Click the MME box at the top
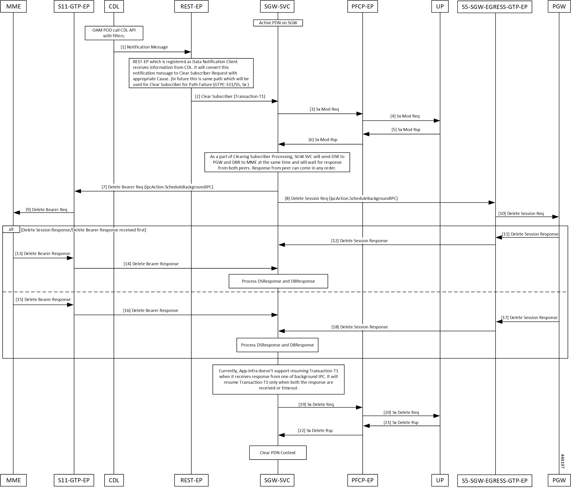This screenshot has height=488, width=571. tap(13, 6)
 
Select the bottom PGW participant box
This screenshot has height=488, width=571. tap(559, 480)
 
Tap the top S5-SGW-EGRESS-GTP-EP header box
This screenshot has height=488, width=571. tap(494, 7)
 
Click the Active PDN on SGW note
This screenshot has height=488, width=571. tap(278, 23)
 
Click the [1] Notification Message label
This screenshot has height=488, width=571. tap(144, 47)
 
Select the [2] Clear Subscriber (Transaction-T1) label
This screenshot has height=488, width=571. tap(230, 97)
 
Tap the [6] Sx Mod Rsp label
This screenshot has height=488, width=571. tap(323, 140)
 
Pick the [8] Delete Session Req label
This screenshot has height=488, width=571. tap(341, 198)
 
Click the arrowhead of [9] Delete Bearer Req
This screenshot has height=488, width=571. tap(16, 212)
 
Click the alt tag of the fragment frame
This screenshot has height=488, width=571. tap(11, 229)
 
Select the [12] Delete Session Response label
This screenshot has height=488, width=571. tap(359, 241)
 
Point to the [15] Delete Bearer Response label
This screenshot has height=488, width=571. tap(43, 300)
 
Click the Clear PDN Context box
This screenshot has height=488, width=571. tap(278, 453)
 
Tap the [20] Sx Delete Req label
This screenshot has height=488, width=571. tap(401, 413)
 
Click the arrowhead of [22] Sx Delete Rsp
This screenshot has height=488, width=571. tap(281, 435)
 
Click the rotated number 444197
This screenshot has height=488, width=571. tap(563, 461)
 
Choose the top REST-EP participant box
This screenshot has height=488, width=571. tap(191, 6)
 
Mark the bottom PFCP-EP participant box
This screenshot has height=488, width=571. tap(362, 480)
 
